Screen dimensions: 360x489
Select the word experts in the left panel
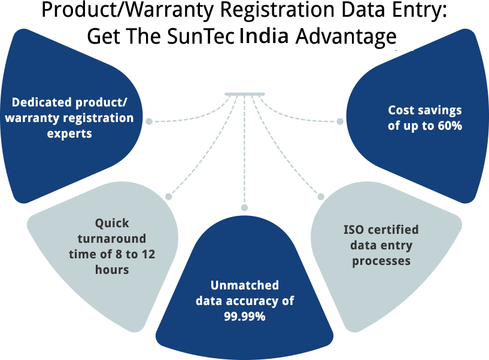click(x=69, y=133)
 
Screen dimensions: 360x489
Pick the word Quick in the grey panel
click(x=112, y=224)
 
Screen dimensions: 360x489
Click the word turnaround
click(x=112, y=239)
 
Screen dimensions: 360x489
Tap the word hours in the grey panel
click(x=112, y=270)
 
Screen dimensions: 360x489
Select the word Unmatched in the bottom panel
click(x=245, y=285)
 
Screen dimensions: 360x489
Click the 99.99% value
click(x=245, y=317)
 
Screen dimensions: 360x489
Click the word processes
click(x=381, y=261)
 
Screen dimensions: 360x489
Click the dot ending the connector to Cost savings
click(x=340, y=121)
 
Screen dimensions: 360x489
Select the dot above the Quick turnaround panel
click(x=169, y=196)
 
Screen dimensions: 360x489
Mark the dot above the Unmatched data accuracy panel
click(x=244, y=207)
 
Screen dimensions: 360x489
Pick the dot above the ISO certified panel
click(x=320, y=196)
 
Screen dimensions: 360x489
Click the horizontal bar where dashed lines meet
click(x=245, y=94)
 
